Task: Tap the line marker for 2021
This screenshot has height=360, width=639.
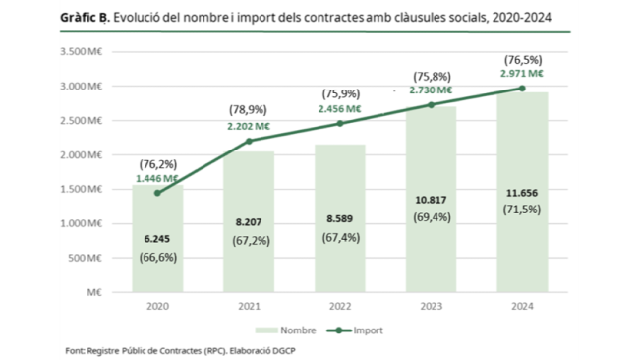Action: pos(249,141)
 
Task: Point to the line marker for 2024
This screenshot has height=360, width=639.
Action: pos(521,88)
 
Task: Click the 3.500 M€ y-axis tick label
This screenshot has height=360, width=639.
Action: pos(85,51)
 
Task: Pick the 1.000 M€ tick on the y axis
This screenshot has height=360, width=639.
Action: pos(85,223)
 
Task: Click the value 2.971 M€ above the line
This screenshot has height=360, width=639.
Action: pos(521,73)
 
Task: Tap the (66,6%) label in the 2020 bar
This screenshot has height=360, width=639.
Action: pos(157,257)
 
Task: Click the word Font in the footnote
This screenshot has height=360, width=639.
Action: pos(76,349)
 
